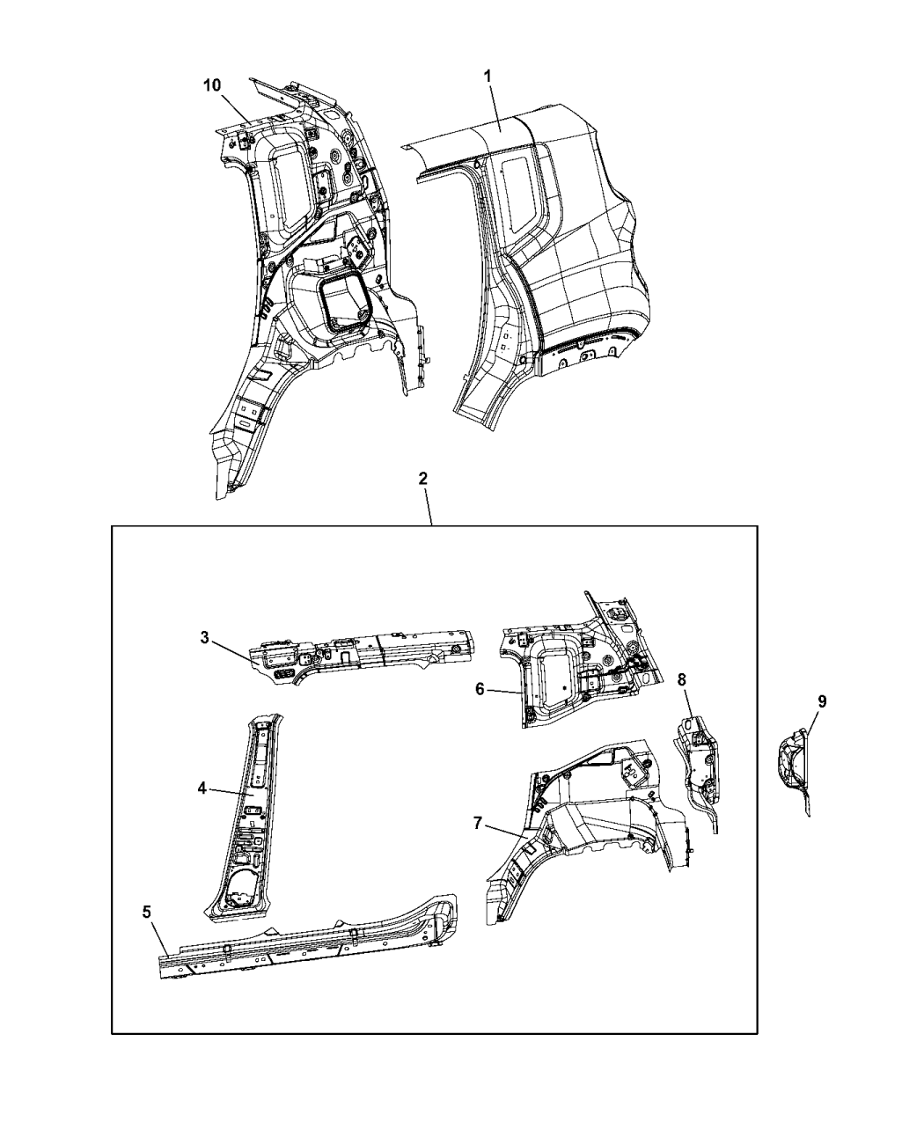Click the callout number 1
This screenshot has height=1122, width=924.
(488, 77)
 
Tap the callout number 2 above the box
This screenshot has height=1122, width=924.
(423, 478)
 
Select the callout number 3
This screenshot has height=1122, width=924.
(205, 638)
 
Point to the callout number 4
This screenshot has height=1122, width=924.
(202, 788)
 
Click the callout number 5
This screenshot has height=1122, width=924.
(147, 912)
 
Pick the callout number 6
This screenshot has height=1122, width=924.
(480, 689)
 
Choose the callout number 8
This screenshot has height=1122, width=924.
(682, 679)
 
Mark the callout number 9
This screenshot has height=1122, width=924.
(822, 700)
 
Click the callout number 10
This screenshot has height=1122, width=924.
(212, 84)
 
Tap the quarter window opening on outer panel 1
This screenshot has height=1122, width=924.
(518, 194)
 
